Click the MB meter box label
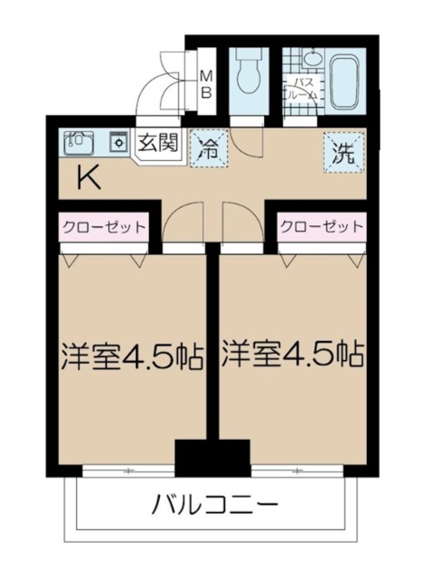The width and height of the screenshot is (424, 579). click(x=205, y=82)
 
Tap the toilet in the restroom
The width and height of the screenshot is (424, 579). click(x=246, y=73)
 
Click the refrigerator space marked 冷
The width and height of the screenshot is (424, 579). click(x=208, y=148)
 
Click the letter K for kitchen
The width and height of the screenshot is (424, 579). click(x=87, y=178)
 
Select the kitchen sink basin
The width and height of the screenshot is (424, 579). click(x=78, y=142)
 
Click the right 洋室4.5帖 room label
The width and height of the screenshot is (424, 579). click(x=294, y=352)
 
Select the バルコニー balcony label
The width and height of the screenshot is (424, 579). click(x=215, y=503)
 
